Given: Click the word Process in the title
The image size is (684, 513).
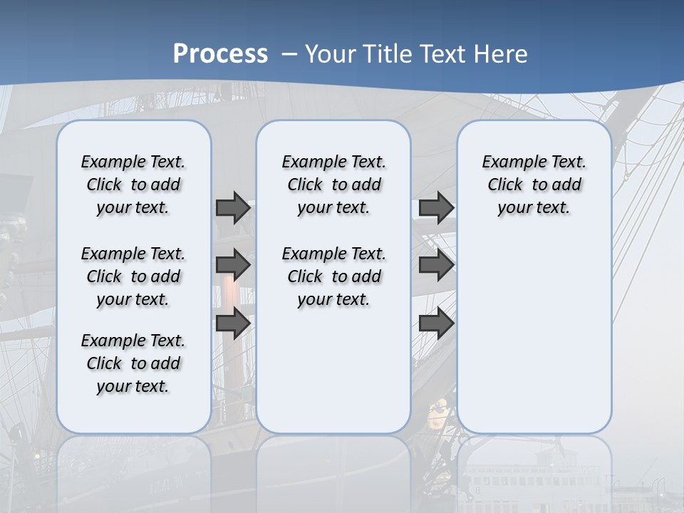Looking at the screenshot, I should point(220,53).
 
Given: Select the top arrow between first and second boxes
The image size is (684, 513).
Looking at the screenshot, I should point(233,207).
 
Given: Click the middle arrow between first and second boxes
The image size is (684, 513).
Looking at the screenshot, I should point(233,265).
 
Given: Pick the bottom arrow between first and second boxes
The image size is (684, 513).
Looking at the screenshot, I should point(233,323).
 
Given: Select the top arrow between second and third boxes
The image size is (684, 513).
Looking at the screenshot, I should point(436,207).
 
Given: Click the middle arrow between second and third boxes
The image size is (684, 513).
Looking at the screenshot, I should point(436,265).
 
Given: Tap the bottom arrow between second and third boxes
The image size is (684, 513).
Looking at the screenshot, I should point(436,323).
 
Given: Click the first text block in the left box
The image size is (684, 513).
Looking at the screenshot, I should point(133,185).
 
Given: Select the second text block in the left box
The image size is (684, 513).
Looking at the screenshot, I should point(133,276).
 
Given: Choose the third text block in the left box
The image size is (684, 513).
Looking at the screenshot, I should point(133,363).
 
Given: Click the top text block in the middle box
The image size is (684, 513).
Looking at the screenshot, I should point(333,185).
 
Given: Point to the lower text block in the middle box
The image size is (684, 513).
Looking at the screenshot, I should point(333,276).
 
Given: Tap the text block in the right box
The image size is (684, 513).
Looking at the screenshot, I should point(534,185).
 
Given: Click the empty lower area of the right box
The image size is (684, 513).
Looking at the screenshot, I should point(534,328).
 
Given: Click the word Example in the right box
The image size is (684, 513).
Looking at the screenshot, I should point(509,162).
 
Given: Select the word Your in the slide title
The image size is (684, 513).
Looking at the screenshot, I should point(331,54).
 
